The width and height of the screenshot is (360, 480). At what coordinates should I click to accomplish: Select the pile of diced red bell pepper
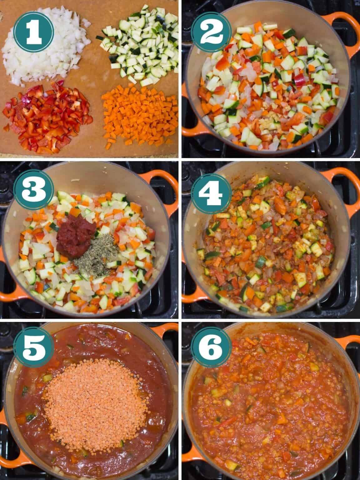click(47, 118)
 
